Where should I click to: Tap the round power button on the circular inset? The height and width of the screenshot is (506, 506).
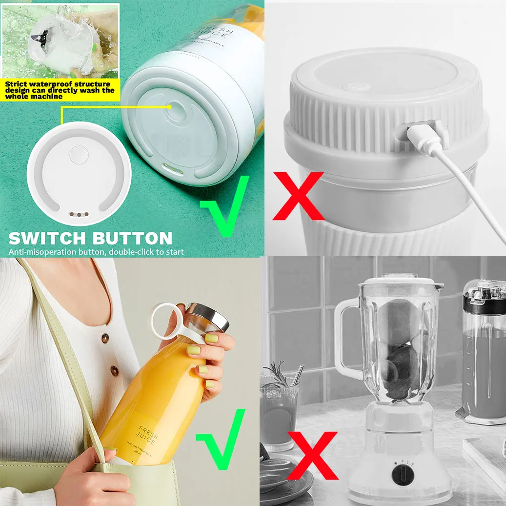click(x=78, y=155)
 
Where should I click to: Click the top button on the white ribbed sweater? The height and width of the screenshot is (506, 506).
click(x=105, y=338)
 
